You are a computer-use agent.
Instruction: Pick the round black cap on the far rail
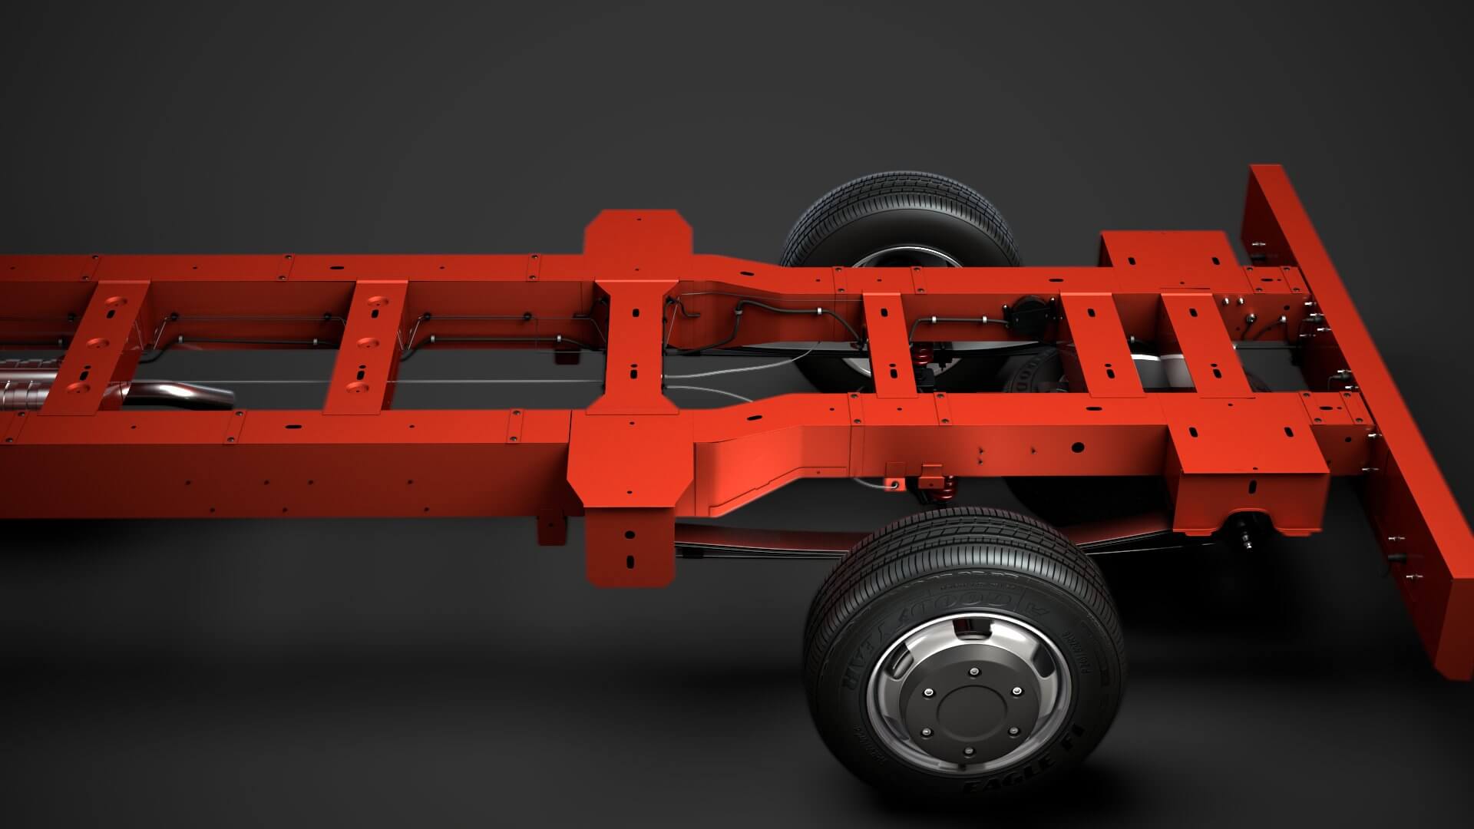1022,314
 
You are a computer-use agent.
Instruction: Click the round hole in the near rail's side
1078,447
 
